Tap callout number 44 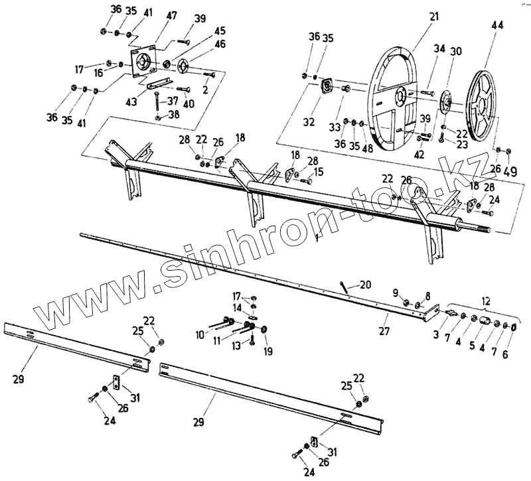point(498,25)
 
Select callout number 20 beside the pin point(365,285)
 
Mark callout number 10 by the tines point(200,336)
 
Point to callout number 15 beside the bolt point(319,172)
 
